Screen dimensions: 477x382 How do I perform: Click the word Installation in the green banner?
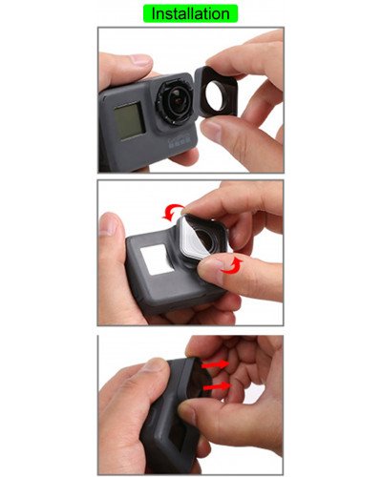pyautogui.click(x=190, y=13)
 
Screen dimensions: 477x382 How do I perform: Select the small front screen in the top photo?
pyautogui.click(x=126, y=122)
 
